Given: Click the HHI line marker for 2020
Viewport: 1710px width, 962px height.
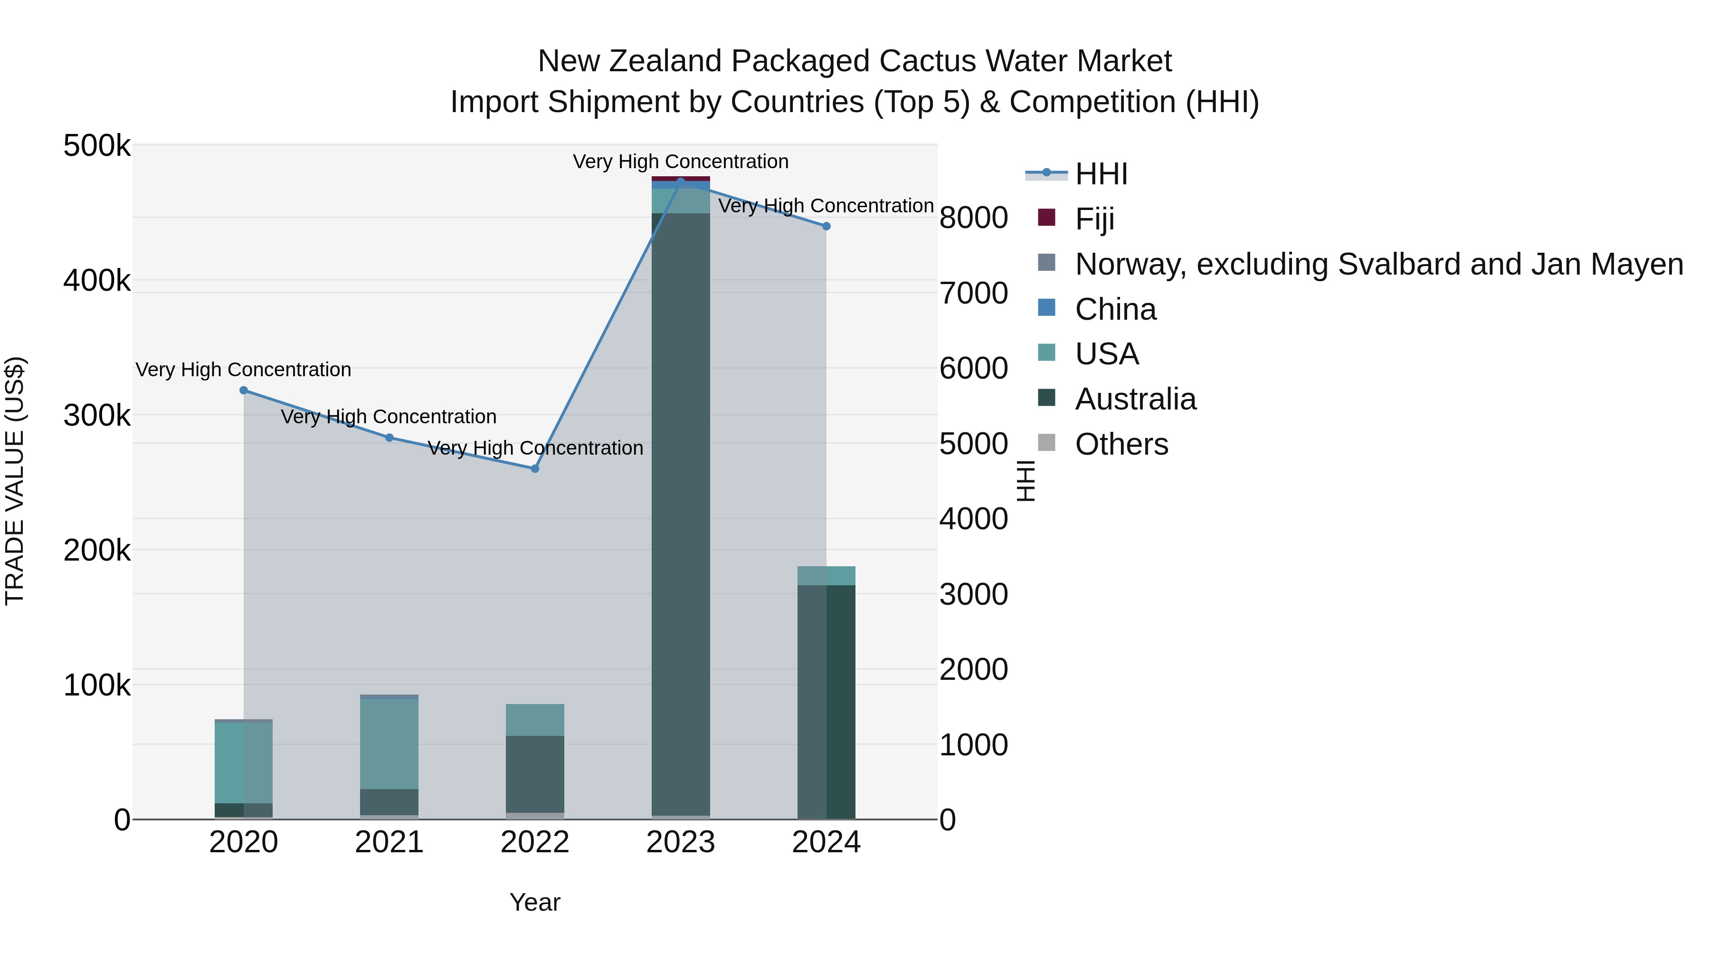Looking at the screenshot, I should click(244, 391).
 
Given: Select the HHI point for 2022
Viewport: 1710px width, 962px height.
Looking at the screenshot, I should click(535, 469).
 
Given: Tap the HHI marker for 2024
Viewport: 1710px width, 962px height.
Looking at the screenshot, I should click(826, 227).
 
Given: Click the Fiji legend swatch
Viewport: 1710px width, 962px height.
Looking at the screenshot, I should click(1046, 218).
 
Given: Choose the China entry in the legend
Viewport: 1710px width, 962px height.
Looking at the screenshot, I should click(1115, 309).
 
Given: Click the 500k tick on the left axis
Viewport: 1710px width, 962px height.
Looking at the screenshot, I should click(97, 146).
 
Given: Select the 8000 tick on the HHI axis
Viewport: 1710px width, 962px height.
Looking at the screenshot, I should click(974, 218).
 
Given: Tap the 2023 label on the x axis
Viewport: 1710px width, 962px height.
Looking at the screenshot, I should click(680, 842).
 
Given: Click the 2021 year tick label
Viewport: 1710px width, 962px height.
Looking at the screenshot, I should click(389, 842).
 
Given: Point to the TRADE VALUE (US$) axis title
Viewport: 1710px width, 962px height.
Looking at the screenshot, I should click(15, 481).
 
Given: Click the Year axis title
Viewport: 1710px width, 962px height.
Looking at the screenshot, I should click(535, 902).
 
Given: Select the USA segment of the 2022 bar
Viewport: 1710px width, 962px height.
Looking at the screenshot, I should click(535, 720).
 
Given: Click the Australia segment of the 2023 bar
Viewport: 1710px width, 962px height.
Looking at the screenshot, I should click(680, 511).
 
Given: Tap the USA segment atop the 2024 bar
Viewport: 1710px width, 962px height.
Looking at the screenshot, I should click(826, 576).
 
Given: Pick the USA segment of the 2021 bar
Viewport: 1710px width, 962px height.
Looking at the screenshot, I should click(389, 743).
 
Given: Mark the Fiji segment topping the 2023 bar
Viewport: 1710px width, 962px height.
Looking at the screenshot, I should click(680, 179).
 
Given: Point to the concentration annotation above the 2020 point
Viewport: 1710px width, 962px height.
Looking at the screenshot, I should click(244, 370).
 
